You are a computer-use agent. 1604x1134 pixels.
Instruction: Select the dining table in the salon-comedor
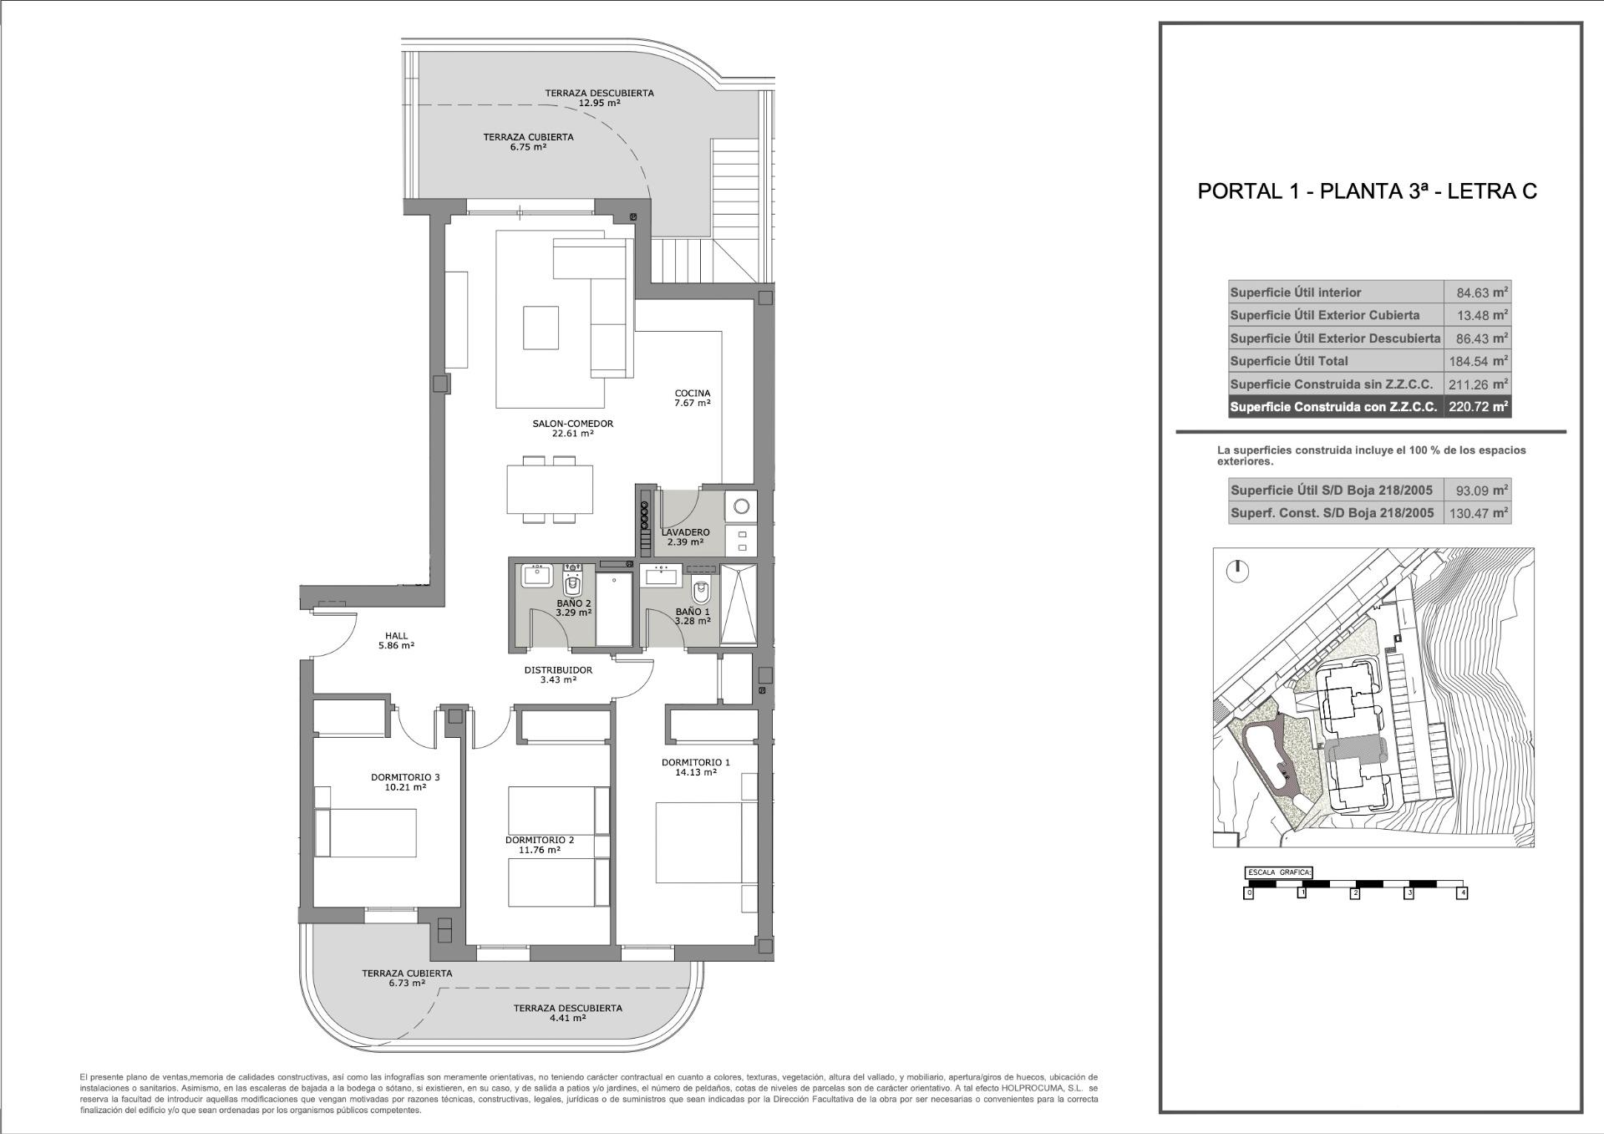[x=550, y=490]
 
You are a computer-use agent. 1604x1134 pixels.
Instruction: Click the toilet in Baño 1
[x=702, y=592]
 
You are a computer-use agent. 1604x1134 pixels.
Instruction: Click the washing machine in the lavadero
[x=741, y=506]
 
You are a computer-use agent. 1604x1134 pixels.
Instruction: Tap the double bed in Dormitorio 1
[x=697, y=842]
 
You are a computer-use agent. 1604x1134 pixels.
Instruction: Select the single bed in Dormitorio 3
[x=368, y=832]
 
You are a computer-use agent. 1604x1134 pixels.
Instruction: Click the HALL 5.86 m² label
[x=396, y=640]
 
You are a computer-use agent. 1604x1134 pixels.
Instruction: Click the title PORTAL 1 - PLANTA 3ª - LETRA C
[x=1367, y=191]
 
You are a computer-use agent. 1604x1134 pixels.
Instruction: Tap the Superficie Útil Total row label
[x=1289, y=361]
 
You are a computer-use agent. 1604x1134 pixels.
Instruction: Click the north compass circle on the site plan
[x=1237, y=572]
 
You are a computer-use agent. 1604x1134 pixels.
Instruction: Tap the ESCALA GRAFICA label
[x=1278, y=872]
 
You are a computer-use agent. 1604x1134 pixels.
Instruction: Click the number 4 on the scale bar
[x=1461, y=893]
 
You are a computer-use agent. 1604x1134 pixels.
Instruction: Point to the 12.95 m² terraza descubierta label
[x=599, y=99]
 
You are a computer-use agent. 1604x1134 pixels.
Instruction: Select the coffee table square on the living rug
[x=541, y=328]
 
